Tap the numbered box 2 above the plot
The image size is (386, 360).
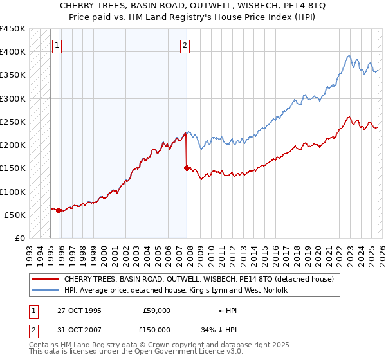[185, 45]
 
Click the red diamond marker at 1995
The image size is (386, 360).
[59, 210]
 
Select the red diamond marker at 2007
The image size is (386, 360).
[187, 168]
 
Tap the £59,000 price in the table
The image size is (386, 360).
[156, 310]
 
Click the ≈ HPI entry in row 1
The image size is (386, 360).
[227, 310]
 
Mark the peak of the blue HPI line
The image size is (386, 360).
[348, 55]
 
